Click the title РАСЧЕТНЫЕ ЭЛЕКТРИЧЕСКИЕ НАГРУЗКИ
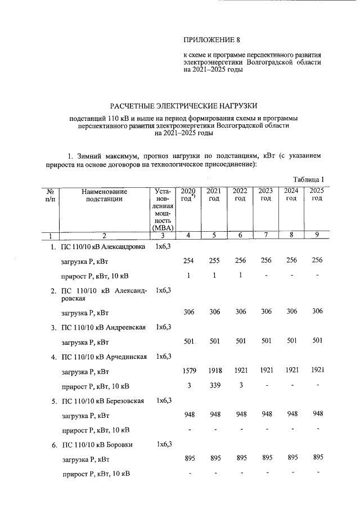point(183,105)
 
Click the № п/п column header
point(49,195)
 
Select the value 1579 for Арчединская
point(188,371)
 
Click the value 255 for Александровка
point(214,261)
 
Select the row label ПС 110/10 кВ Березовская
point(103,400)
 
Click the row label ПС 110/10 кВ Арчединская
point(103,357)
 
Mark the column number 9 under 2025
point(317,235)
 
